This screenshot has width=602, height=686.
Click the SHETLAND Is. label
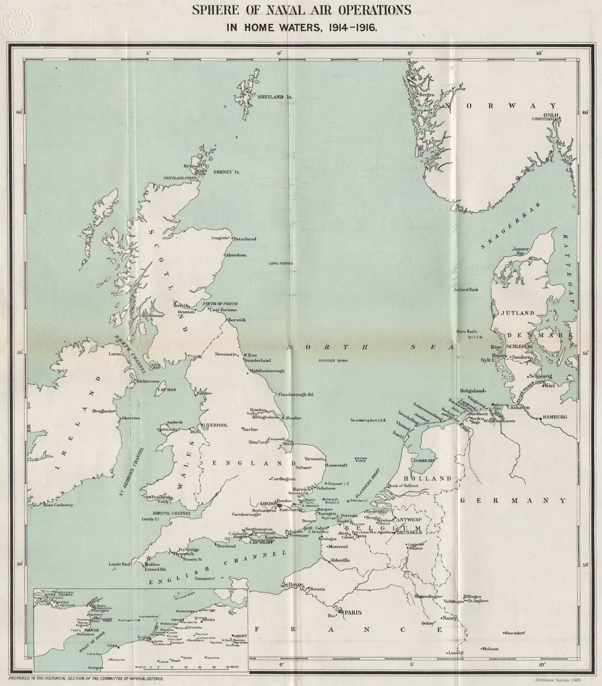[x=275, y=97]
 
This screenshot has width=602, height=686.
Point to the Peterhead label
[x=245, y=238]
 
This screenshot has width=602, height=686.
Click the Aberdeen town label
[x=236, y=255]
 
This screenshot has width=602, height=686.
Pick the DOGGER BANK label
[x=333, y=361]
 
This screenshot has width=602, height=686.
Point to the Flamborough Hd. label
[x=296, y=394]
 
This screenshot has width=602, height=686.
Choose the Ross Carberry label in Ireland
[x=58, y=505]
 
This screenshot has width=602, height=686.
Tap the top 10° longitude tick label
[x=539, y=53]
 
